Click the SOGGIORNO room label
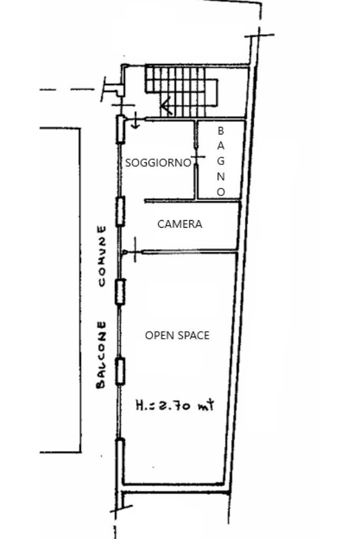pos(158,163)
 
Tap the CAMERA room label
pos(180,224)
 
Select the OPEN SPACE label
pos(177,335)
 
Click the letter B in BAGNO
pos(221,130)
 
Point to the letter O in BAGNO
pos(221,192)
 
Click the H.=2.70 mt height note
pos(175,405)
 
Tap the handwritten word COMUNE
pos(102,256)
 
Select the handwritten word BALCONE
pos(102,355)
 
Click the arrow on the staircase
pos(167,107)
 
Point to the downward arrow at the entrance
pos(135,122)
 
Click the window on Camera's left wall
pos(120,211)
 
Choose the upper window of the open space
pos(120,292)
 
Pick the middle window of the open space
pos(120,371)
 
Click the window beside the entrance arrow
pos(121,130)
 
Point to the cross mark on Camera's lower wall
pos(135,251)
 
